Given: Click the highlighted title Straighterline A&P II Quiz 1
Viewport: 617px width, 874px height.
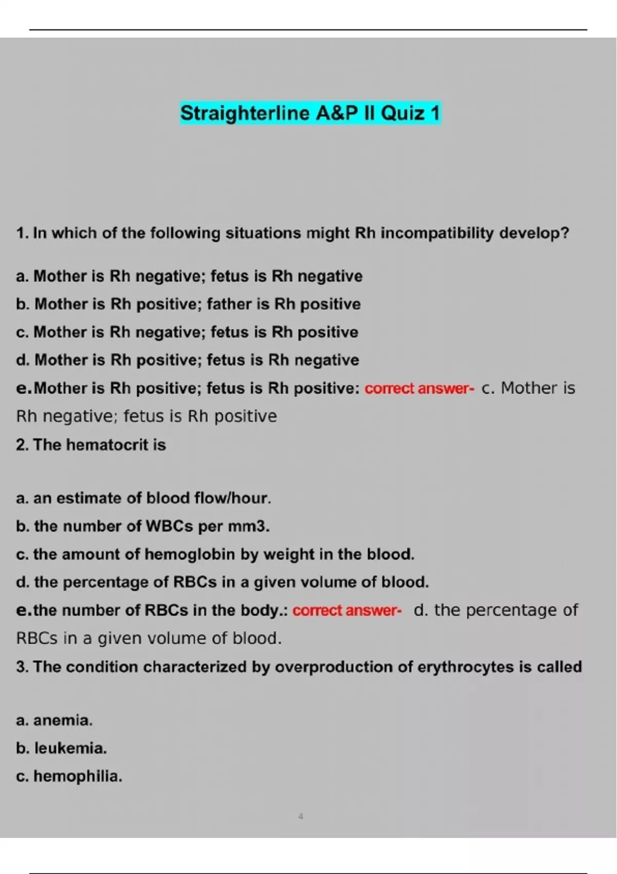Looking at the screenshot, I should pyautogui.click(x=310, y=113).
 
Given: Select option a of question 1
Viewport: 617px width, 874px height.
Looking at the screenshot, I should pyautogui.click(x=189, y=276).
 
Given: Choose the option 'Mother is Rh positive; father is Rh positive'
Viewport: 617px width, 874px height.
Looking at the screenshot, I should pyautogui.click(x=188, y=304).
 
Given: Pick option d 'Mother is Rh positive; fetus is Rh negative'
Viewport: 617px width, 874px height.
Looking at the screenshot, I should pyautogui.click(x=187, y=360).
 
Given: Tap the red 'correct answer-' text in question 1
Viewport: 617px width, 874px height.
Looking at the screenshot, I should pyautogui.click(x=419, y=389).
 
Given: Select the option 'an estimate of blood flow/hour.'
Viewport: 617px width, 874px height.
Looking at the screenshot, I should pyautogui.click(x=143, y=498).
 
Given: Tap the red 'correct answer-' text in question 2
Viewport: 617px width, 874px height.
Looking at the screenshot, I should pyautogui.click(x=347, y=611).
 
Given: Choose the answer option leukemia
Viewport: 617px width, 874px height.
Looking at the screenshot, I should pyautogui.click(x=70, y=748).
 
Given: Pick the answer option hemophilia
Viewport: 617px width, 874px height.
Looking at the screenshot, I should pyautogui.click(x=77, y=776).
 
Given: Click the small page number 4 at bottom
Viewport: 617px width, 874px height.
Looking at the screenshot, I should pyautogui.click(x=301, y=816).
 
